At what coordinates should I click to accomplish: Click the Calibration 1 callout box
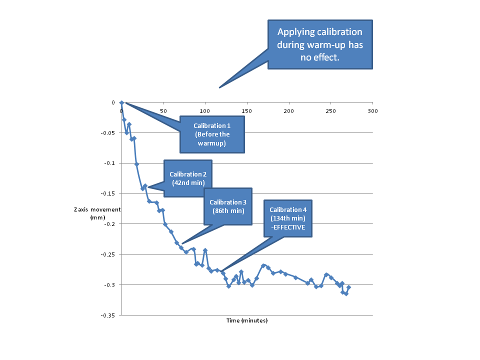[212, 134]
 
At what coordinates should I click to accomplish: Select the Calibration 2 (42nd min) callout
[187, 178]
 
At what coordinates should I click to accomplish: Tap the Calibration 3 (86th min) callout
[227, 206]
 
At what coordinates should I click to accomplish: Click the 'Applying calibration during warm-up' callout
[320, 45]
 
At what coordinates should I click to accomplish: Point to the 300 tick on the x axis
[372, 110]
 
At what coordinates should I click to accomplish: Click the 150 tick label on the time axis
[247, 110]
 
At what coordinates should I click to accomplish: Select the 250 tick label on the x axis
[330, 110]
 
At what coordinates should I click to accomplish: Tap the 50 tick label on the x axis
[163, 110]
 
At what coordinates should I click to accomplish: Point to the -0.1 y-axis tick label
[110, 163]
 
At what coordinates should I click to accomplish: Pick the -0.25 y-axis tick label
[108, 254]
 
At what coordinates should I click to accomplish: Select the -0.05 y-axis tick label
[108, 133]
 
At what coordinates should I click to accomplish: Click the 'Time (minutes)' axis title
[246, 320]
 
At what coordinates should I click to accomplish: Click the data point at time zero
[121, 102]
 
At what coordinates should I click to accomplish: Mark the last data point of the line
[348, 287]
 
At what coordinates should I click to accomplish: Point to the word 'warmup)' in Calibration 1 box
[212, 143]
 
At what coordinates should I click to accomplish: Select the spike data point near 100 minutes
[205, 250]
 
